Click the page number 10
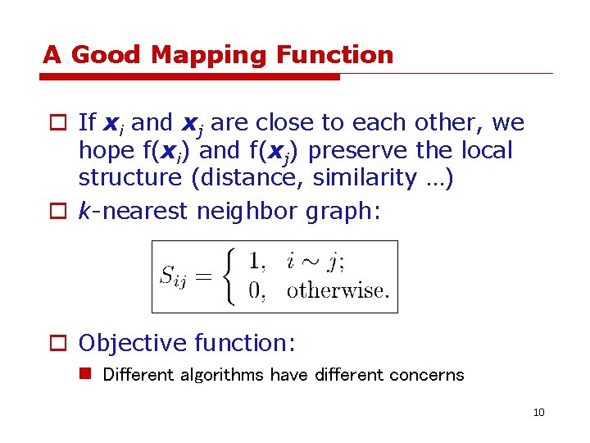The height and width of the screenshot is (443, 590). (x=538, y=412)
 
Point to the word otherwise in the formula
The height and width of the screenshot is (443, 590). (x=338, y=291)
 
